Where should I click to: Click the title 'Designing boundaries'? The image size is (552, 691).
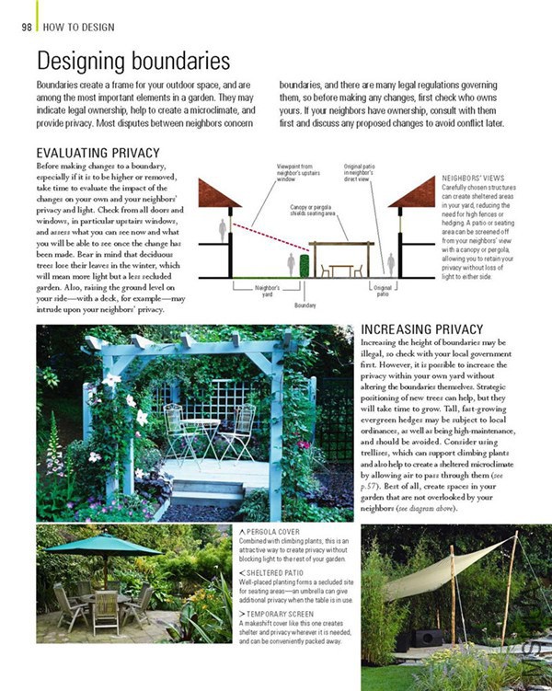[132, 62]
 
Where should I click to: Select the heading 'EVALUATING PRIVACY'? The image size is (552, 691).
[98, 153]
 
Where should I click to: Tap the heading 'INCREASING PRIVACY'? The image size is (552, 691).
[421, 329]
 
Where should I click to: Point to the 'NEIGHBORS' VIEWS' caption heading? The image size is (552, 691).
[473, 179]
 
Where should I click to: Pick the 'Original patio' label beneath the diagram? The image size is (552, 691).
[382, 291]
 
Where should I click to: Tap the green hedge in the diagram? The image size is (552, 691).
[304, 265]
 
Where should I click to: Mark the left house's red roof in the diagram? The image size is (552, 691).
[219, 194]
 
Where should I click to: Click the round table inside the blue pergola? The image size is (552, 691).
[201, 424]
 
